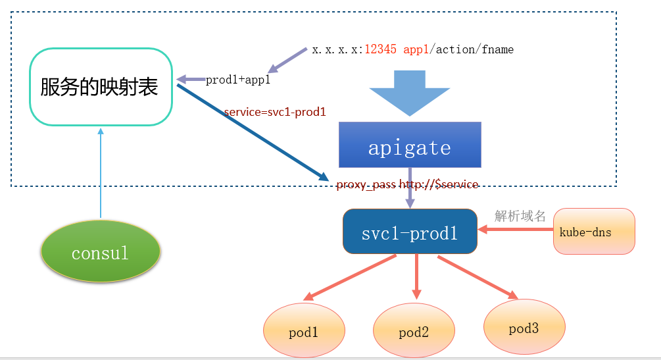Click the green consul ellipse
click(x=101, y=251)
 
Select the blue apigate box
click(x=410, y=145)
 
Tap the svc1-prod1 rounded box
click(x=410, y=231)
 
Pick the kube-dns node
click(x=594, y=231)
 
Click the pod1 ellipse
click(x=304, y=330)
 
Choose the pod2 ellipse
click(x=414, y=330)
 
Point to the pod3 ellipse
click(x=524, y=326)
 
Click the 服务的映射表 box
click(x=101, y=86)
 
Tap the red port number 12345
click(x=380, y=49)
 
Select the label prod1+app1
click(x=237, y=80)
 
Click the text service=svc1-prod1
click(x=275, y=112)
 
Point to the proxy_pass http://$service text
click(x=407, y=184)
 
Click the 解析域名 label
click(x=520, y=216)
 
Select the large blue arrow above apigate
click(x=410, y=93)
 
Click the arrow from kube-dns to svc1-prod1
click(x=516, y=229)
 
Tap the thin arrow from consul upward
click(x=101, y=173)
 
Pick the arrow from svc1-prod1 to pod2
click(x=416, y=276)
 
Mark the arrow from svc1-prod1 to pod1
click(x=350, y=277)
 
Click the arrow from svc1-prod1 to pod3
click(x=478, y=277)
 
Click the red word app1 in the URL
click(x=416, y=50)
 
